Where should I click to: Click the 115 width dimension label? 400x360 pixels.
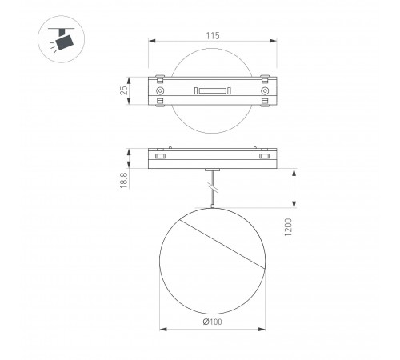tap(211, 35)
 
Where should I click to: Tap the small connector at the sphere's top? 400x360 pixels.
tap(212, 208)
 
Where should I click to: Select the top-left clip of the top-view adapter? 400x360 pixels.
tap(161, 78)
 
